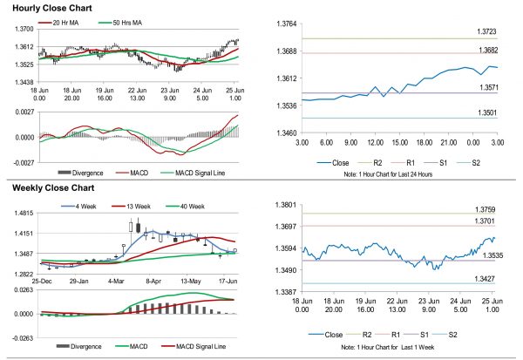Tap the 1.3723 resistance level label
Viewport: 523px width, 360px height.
(x=487, y=31)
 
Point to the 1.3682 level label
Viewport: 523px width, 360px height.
(x=487, y=51)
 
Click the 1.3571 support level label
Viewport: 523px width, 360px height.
(x=487, y=88)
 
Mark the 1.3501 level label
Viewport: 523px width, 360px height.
(x=487, y=112)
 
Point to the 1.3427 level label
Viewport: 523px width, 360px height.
(x=487, y=278)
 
